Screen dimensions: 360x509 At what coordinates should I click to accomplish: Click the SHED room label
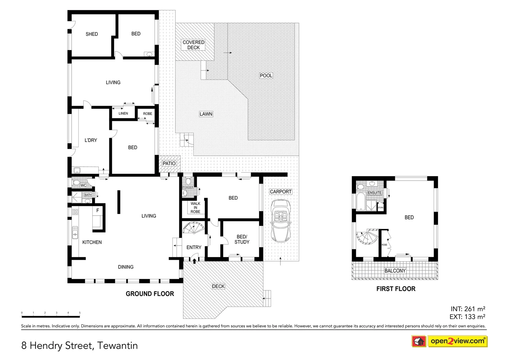pyautogui.click(x=92, y=34)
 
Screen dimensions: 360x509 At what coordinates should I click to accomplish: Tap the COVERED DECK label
pyautogui.click(x=193, y=45)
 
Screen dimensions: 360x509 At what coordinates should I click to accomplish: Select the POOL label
pyautogui.click(x=266, y=76)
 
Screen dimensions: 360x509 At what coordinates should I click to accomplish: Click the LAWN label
pyautogui.click(x=206, y=114)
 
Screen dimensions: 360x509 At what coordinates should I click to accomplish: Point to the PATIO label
pyautogui.click(x=169, y=163)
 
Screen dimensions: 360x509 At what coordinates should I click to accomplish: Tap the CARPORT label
pyautogui.click(x=281, y=192)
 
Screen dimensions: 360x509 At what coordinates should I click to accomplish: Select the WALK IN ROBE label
pyautogui.click(x=195, y=208)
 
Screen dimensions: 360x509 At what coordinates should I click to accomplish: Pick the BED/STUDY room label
pyautogui.click(x=242, y=239)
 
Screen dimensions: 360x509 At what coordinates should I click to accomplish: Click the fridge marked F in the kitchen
pyautogui.click(x=98, y=210)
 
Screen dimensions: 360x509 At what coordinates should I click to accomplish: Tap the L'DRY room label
pyautogui.click(x=91, y=140)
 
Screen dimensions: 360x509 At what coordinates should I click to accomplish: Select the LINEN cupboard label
pyautogui.click(x=123, y=113)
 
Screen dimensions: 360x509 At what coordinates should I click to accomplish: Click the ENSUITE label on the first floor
pyautogui.click(x=374, y=193)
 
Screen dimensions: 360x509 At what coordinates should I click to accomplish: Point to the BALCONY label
pyautogui.click(x=395, y=271)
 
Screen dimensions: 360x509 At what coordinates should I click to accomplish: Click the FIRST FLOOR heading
pyautogui.click(x=396, y=289)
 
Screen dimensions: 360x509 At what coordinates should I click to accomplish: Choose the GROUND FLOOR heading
pyautogui.click(x=150, y=294)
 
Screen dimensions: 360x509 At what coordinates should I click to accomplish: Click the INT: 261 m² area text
pyautogui.click(x=468, y=309)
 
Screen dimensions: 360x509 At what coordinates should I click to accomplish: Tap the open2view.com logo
pyautogui.click(x=457, y=341)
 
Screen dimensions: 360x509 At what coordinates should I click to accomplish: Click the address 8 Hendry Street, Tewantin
pyautogui.click(x=79, y=345)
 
